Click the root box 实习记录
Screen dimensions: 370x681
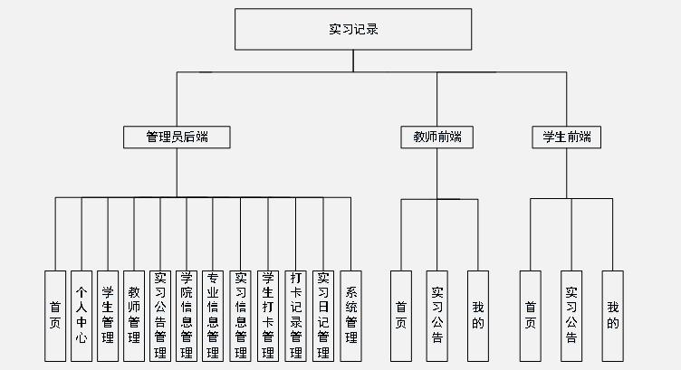click(x=353, y=29)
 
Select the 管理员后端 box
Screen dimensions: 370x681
click(x=177, y=137)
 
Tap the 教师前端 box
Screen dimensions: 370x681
click(x=436, y=137)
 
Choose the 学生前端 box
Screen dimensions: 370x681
click(x=567, y=137)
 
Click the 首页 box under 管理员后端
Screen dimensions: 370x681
click(x=55, y=315)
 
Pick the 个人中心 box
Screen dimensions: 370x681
click(x=82, y=315)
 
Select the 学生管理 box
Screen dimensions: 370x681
click(x=108, y=315)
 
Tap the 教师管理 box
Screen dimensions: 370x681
click(x=134, y=315)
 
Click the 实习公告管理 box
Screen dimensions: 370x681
click(x=160, y=315)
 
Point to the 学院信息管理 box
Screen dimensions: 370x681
click(x=187, y=315)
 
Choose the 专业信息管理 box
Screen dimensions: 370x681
click(x=214, y=315)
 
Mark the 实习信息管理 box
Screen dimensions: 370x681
click(x=241, y=315)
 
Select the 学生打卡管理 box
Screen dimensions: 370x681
click(x=268, y=315)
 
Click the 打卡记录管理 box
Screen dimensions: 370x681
click(x=296, y=315)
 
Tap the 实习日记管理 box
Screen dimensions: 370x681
click(x=323, y=315)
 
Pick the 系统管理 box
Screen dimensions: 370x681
click(x=350, y=315)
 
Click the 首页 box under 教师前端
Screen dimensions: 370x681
click(x=401, y=315)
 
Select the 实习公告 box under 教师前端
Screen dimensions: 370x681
click(x=436, y=315)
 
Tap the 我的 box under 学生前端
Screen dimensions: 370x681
click(x=613, y=315)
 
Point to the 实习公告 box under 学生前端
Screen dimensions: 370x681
click(x=571, y=315)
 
